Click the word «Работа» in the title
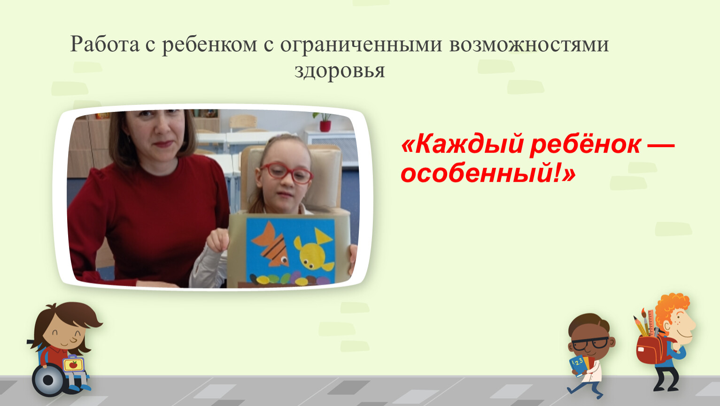(x=105, y=44)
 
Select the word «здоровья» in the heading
(x=340, y=70)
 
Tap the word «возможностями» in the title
(x=529, y=44)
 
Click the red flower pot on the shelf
(x=325, y=126)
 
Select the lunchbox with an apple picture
(x=74, y=364)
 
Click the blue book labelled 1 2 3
(x=578, y=366)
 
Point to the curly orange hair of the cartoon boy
(x=671, y=308)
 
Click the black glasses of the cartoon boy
(x=590, y=344)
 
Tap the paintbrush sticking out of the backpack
(x=645, y=322)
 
